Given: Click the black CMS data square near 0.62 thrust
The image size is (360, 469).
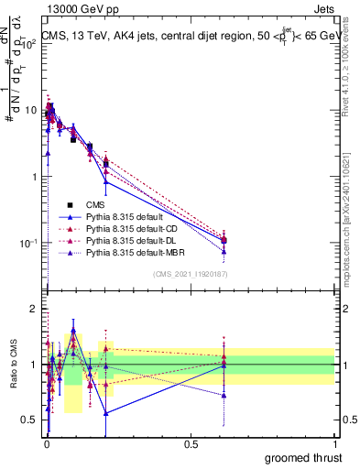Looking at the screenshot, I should [x=224, y=241].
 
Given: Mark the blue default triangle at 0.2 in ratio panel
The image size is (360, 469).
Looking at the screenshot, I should [x=106, y=413].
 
